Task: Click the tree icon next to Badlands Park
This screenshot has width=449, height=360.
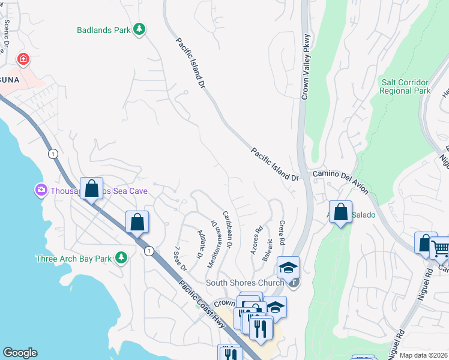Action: pyautogui.click(x=139, y=29)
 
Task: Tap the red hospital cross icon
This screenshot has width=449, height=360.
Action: pyautogui.click(x=23, y=59)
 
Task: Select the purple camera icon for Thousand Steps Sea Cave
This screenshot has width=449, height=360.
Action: pyautogui.click(x=41, y=190)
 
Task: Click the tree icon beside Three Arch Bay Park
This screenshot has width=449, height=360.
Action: pyautogui.click(x=121, y=257)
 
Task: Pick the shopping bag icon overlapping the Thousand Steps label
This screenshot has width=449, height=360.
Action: pyautogui.click(x=92, y=188)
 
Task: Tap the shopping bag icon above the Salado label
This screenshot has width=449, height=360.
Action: pyautogui.click(x=340, y=212)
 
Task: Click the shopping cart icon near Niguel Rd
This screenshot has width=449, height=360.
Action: pyautogui.click(x=441, y=247)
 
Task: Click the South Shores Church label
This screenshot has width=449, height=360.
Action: pyautogui.click(x=244, y=283)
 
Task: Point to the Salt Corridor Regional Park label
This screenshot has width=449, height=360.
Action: pyautogui.click(x=405, y=86)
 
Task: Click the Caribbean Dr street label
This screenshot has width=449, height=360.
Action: pyautogui.click(x=228, y=229)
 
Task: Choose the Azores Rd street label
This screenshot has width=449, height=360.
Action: pyautogui.click(x=258, y=240)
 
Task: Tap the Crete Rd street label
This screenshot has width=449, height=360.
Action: pyautogui.click(x=282, y=231)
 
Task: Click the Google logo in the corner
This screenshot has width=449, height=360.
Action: pyautogui.click(x=20, y=353)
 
